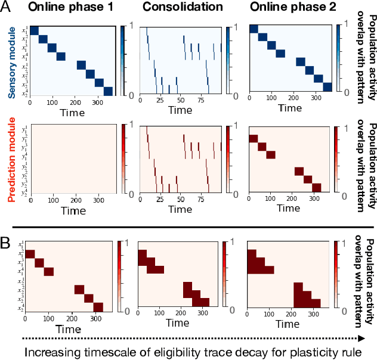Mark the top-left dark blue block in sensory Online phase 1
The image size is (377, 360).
34,30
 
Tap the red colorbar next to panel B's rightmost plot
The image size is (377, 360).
338,275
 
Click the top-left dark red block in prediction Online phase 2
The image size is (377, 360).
252,138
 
